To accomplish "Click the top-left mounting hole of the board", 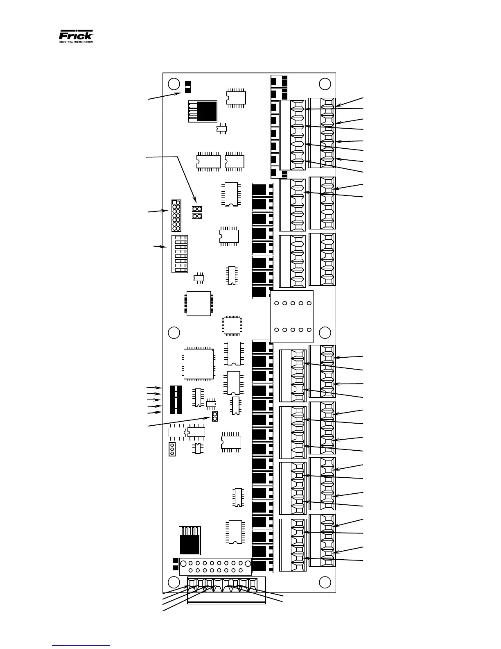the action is (174, 84).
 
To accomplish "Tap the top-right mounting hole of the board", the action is (325, 84).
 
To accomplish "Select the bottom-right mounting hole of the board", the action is (325, 582).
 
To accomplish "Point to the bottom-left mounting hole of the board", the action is (174, 582).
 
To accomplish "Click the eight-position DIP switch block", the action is (180, 254).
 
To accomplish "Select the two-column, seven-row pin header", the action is (176, 216).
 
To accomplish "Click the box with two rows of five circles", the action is (292, 316).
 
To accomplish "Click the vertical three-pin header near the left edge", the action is (172, 449).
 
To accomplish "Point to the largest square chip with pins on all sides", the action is (199, 364).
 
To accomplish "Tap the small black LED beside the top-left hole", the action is (188, 87).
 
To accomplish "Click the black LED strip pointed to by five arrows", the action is (176, 399).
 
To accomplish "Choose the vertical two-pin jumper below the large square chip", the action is (214, 417).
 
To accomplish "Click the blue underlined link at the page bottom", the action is (81, 645).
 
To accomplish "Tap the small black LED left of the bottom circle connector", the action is (176, 564).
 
